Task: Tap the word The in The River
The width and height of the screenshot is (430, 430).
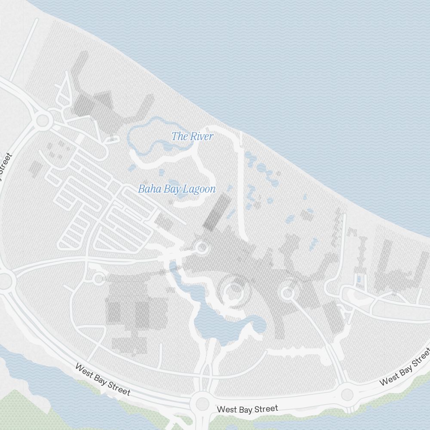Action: pos(178,137)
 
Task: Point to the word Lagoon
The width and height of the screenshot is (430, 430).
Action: pos(199,189)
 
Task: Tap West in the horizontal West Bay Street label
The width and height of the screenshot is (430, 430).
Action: pos(227,409)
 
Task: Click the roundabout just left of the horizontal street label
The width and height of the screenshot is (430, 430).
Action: pos(202,404)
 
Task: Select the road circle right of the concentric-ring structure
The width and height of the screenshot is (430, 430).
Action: pos(287,293)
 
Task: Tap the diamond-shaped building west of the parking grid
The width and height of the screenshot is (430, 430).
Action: pos(36,168)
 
